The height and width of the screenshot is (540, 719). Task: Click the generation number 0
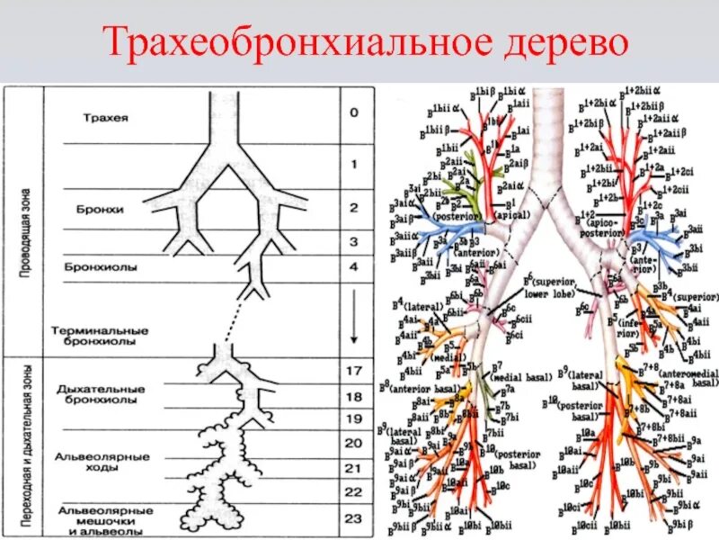pos(354,112)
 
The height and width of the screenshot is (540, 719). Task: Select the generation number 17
pos(353,369)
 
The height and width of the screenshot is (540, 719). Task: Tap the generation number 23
pos(354,517)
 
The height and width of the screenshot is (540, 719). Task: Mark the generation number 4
pos(354,266)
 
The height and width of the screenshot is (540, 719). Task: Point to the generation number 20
pos(354,442)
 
